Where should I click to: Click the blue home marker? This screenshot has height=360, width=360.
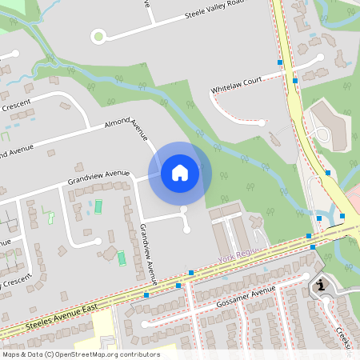180,172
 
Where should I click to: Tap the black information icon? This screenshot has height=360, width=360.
321,285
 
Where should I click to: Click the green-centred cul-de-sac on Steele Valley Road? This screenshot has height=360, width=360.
98,35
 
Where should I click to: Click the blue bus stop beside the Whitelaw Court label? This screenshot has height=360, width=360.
295,80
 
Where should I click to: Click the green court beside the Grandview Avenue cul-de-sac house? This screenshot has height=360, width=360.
122,258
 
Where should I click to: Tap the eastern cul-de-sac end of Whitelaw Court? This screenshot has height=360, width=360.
319,58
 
